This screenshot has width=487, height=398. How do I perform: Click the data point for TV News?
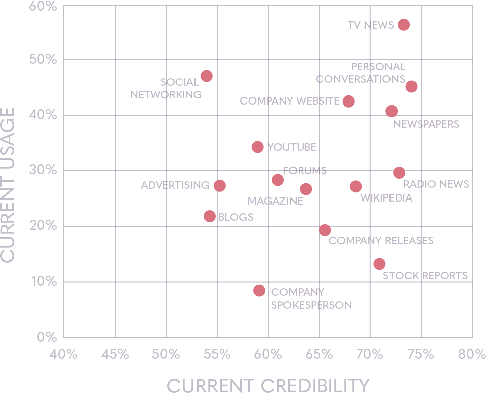click(404, 25)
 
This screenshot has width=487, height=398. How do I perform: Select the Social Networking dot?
click(206, 76)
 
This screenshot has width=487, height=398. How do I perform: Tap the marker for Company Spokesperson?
click(259, 290)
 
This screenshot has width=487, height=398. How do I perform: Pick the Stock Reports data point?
click(380, 264)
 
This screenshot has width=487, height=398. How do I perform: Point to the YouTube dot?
click(257, 147)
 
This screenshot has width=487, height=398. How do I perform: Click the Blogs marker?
click(210, 216)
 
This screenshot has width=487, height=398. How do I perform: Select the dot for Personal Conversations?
click(412, 86)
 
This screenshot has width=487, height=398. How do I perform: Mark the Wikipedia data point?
click(356, 187)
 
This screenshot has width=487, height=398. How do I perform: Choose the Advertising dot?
click(220, 186)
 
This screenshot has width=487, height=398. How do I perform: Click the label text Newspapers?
click(426, 124)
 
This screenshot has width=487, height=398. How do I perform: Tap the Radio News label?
click(436, 184)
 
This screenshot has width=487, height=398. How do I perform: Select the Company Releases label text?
click(381, 241)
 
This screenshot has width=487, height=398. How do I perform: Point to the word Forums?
click(305, 171)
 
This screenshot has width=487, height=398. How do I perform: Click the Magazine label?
click(275, 201)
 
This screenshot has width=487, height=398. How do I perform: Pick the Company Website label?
click(289, 101)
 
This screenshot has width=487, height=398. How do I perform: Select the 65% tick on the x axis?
click(319, 354)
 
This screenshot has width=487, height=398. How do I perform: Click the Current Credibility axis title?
click(268, 386)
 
